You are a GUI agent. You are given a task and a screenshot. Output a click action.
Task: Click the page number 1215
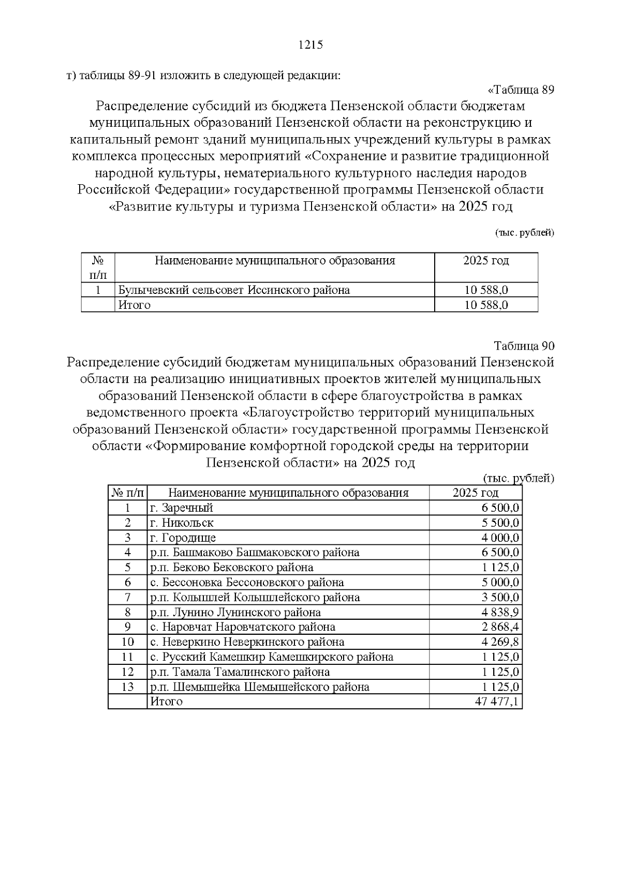pyautogui.click(x=310, y=45)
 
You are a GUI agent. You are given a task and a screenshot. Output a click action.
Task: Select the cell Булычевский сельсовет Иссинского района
pyautogui.click(x=234, y=290)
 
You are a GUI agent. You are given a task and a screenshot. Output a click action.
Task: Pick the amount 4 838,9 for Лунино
pyautogui.click(x=500, y=612)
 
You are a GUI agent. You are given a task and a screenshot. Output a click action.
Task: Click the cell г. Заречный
pyautogui.click(x=181, y=508)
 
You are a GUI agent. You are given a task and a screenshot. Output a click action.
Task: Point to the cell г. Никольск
pyautogui.click(x=181, y=523)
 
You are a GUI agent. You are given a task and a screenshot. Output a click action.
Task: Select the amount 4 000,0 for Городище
pyautogui.click(x=500, y=538)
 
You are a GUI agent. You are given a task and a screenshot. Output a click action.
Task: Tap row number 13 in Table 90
pyautogui.click(x=127, y=687)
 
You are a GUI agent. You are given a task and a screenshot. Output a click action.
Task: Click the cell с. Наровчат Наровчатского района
pyautogui.click(x=242, y=627)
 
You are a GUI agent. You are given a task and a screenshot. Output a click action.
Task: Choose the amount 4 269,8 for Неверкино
pyautogui.click(x=500, y=642)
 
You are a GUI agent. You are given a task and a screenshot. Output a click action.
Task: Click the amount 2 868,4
pyautogui.click(x=500, y=627)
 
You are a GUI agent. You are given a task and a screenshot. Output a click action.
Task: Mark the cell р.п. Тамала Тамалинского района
pyautogui.click(x=240, y=672)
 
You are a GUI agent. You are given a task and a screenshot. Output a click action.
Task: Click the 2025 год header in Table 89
pyautogui.click(x=485, y=261)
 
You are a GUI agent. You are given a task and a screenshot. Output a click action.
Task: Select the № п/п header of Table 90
pyautogui.click(x=127, y=493)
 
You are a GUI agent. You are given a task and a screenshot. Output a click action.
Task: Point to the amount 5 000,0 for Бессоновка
pyautogui.click(x=500, y=582)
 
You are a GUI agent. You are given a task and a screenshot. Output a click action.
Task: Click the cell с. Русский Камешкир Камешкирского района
pyautogui.click(x=271, y=657)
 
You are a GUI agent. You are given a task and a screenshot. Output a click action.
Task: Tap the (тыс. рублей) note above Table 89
pyautogui.click(x=524, y=233)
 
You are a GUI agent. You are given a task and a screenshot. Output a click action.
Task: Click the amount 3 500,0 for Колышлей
pyautogui.click(x=500, y=597)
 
